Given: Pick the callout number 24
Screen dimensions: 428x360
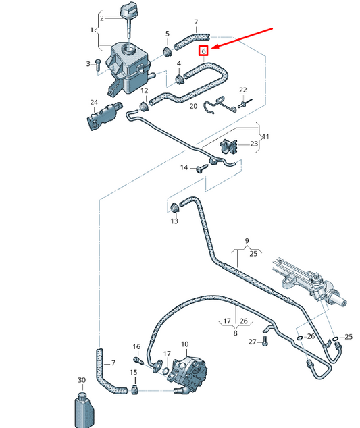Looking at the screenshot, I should (94, 103).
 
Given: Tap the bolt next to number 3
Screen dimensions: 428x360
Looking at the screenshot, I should (99, 63).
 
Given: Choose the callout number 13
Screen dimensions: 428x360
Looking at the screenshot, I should (174, 221).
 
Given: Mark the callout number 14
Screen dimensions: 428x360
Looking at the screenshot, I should (183, 167).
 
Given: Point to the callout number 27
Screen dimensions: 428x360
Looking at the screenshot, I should (252, 342).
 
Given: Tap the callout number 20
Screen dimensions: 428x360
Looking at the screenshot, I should (193, 106).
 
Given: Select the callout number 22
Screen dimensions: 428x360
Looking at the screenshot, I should (242, 90).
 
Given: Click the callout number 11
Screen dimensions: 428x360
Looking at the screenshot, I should (265, 136).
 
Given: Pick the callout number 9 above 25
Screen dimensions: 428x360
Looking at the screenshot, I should (247, 241).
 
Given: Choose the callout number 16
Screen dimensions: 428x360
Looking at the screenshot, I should (136, 346).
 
